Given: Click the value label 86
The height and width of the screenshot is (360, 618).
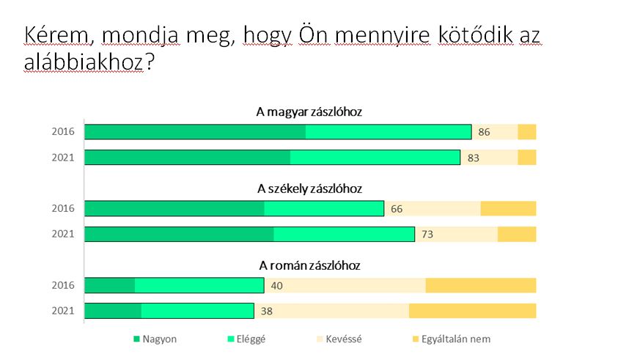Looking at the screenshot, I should (483, 133).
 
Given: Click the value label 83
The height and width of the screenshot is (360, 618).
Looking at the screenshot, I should (473, 158).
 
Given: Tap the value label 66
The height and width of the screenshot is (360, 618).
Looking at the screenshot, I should (397, 209).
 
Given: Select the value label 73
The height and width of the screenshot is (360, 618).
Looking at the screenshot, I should (427, 234).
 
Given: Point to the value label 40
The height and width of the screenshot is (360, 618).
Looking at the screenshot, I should (277, 286).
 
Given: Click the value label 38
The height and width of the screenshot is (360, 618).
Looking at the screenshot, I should (267, 311).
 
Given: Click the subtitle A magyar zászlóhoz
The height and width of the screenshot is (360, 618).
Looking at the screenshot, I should (309, 112).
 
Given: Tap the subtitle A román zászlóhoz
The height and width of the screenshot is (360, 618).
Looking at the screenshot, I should (309, 265).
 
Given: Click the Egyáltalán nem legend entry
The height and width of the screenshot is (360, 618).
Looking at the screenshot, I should (455, 339).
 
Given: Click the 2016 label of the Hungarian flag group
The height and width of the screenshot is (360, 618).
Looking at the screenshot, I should (63, 132).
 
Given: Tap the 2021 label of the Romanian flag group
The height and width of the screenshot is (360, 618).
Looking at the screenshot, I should (63, 311).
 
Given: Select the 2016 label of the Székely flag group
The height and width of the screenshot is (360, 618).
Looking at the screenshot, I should (63, 209).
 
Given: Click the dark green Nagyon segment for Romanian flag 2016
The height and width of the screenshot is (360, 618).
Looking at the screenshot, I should (110, 285).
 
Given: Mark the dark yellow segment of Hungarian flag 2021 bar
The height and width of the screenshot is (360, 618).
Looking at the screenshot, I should (527, 158).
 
